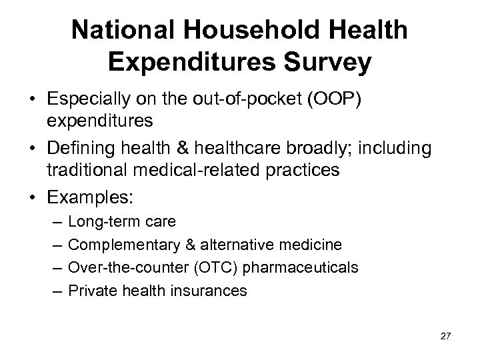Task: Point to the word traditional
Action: click(x=91, y=170)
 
